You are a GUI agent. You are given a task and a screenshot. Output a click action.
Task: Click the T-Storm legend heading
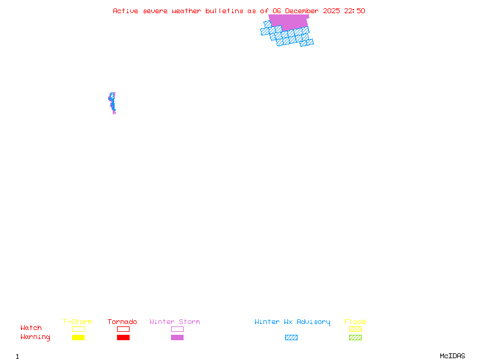77,322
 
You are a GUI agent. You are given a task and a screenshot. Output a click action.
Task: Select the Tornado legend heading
122,322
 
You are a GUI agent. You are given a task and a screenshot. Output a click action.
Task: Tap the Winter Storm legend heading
175,322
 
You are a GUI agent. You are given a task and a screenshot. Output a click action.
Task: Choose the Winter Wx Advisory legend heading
292,322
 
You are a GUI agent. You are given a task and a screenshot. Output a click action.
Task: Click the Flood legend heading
355,322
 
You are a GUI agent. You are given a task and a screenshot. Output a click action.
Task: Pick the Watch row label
31,328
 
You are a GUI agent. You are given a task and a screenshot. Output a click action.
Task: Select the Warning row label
35,337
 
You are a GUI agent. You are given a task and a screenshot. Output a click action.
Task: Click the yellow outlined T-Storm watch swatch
78,329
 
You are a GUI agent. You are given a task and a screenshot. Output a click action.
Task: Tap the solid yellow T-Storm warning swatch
78,338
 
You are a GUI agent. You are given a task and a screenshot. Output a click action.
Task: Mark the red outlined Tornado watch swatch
123,329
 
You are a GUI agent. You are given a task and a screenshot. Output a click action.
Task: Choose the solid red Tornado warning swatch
123,338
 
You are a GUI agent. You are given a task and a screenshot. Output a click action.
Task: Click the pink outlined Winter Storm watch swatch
177,329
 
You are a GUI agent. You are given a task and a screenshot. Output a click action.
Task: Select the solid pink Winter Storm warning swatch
177,338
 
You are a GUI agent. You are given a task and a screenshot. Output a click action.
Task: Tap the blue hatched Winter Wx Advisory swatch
291,338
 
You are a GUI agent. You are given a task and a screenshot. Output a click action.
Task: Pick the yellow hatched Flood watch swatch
355,329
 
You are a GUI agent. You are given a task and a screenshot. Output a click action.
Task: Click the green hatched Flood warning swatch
355,338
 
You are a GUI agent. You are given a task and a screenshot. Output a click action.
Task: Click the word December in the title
302,11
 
